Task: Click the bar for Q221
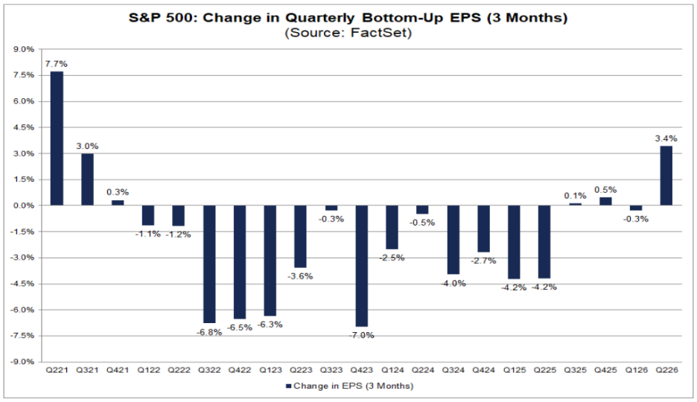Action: pos(57,138)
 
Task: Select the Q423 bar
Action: pos(362,266)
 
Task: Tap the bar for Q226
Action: pos(666,176)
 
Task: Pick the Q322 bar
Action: pos(209,264)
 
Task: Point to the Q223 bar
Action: pos(301,236)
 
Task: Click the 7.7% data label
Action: pos(57,64)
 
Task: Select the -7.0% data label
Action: pos(362,335)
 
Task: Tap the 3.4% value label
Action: pos(666,138)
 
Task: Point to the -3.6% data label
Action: pos(301,276)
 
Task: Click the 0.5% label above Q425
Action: pos(605,190)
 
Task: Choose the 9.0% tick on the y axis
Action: pos(24,49)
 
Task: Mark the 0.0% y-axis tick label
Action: pos(24,205)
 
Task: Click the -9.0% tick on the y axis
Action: pos(22,362)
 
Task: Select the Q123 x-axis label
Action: pos(270,370)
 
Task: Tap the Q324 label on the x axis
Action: pos(453,370)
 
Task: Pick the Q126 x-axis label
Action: pos(636,370)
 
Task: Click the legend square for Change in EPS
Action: pos(288,386)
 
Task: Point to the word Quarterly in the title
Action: pos(319,18)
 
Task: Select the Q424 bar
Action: pos(483,229)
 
